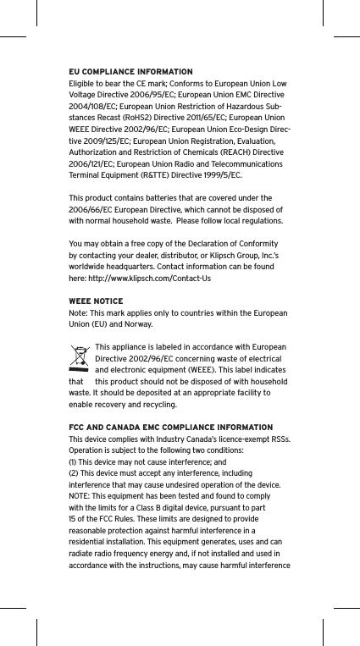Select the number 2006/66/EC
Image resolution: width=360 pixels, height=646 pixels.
(x=92, y=208)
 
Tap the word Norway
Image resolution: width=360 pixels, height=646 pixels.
(x=136, y=324)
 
